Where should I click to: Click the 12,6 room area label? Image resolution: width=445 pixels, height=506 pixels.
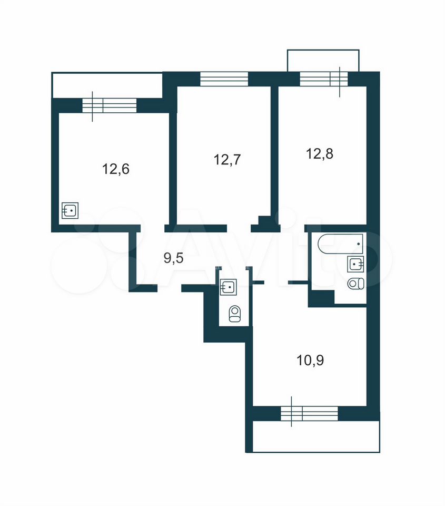pyautogui.click(x=116, y=169)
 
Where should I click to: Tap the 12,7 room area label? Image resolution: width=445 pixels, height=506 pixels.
pyautogui.click(x=228, y=160)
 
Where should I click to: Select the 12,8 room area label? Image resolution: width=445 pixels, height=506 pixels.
pyautogui.click(x=320, y=153)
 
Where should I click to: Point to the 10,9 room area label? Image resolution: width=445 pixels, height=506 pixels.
pyautogui.click(x=310, y=360)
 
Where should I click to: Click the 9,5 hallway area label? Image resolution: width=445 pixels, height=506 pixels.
pyautogui.click(x=174, y=258)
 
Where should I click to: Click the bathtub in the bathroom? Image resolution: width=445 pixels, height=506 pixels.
pyautogui.click(x=341, y=244)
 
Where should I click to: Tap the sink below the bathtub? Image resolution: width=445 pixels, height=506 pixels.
pyautogui.click(x=355, y=264)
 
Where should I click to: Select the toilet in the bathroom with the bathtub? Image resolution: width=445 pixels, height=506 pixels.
pyautogui.click(x=356, y=284)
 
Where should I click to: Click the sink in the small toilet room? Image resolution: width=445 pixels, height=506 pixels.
pyautogui.click(x=229, y=287)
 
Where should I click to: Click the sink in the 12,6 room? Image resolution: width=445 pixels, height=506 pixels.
pyautogui.click(x=70, y=210)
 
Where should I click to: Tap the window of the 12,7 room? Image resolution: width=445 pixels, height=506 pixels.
pyautogui.click(x=224, y=79)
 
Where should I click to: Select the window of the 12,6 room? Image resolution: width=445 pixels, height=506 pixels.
pyautogui.click(x=110, y=106)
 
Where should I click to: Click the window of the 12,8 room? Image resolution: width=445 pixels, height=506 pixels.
pyautogui.click(x=324, y=79)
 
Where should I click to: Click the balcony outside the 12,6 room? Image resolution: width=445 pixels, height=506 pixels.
pyautogui.click(x=107, y=85)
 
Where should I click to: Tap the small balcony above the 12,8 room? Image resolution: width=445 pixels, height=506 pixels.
pyautogui.click(x=323, y=60)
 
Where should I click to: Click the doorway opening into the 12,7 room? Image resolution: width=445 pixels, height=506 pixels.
pyautogui.click(x=239, y=228)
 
